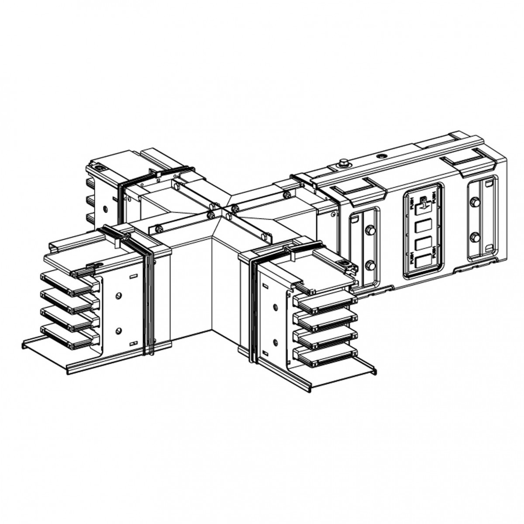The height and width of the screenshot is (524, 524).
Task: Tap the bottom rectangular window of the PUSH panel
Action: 422,262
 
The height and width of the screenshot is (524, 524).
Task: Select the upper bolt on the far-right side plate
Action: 475,202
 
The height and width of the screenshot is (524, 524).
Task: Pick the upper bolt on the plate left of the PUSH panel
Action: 370,230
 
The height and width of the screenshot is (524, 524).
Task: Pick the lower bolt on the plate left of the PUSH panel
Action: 370,265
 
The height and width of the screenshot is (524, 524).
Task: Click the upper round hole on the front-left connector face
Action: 118,296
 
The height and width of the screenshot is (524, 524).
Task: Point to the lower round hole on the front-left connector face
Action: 118,331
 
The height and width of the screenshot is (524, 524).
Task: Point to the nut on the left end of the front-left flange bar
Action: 159,228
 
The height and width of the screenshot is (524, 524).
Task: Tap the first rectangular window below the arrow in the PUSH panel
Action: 422,226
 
